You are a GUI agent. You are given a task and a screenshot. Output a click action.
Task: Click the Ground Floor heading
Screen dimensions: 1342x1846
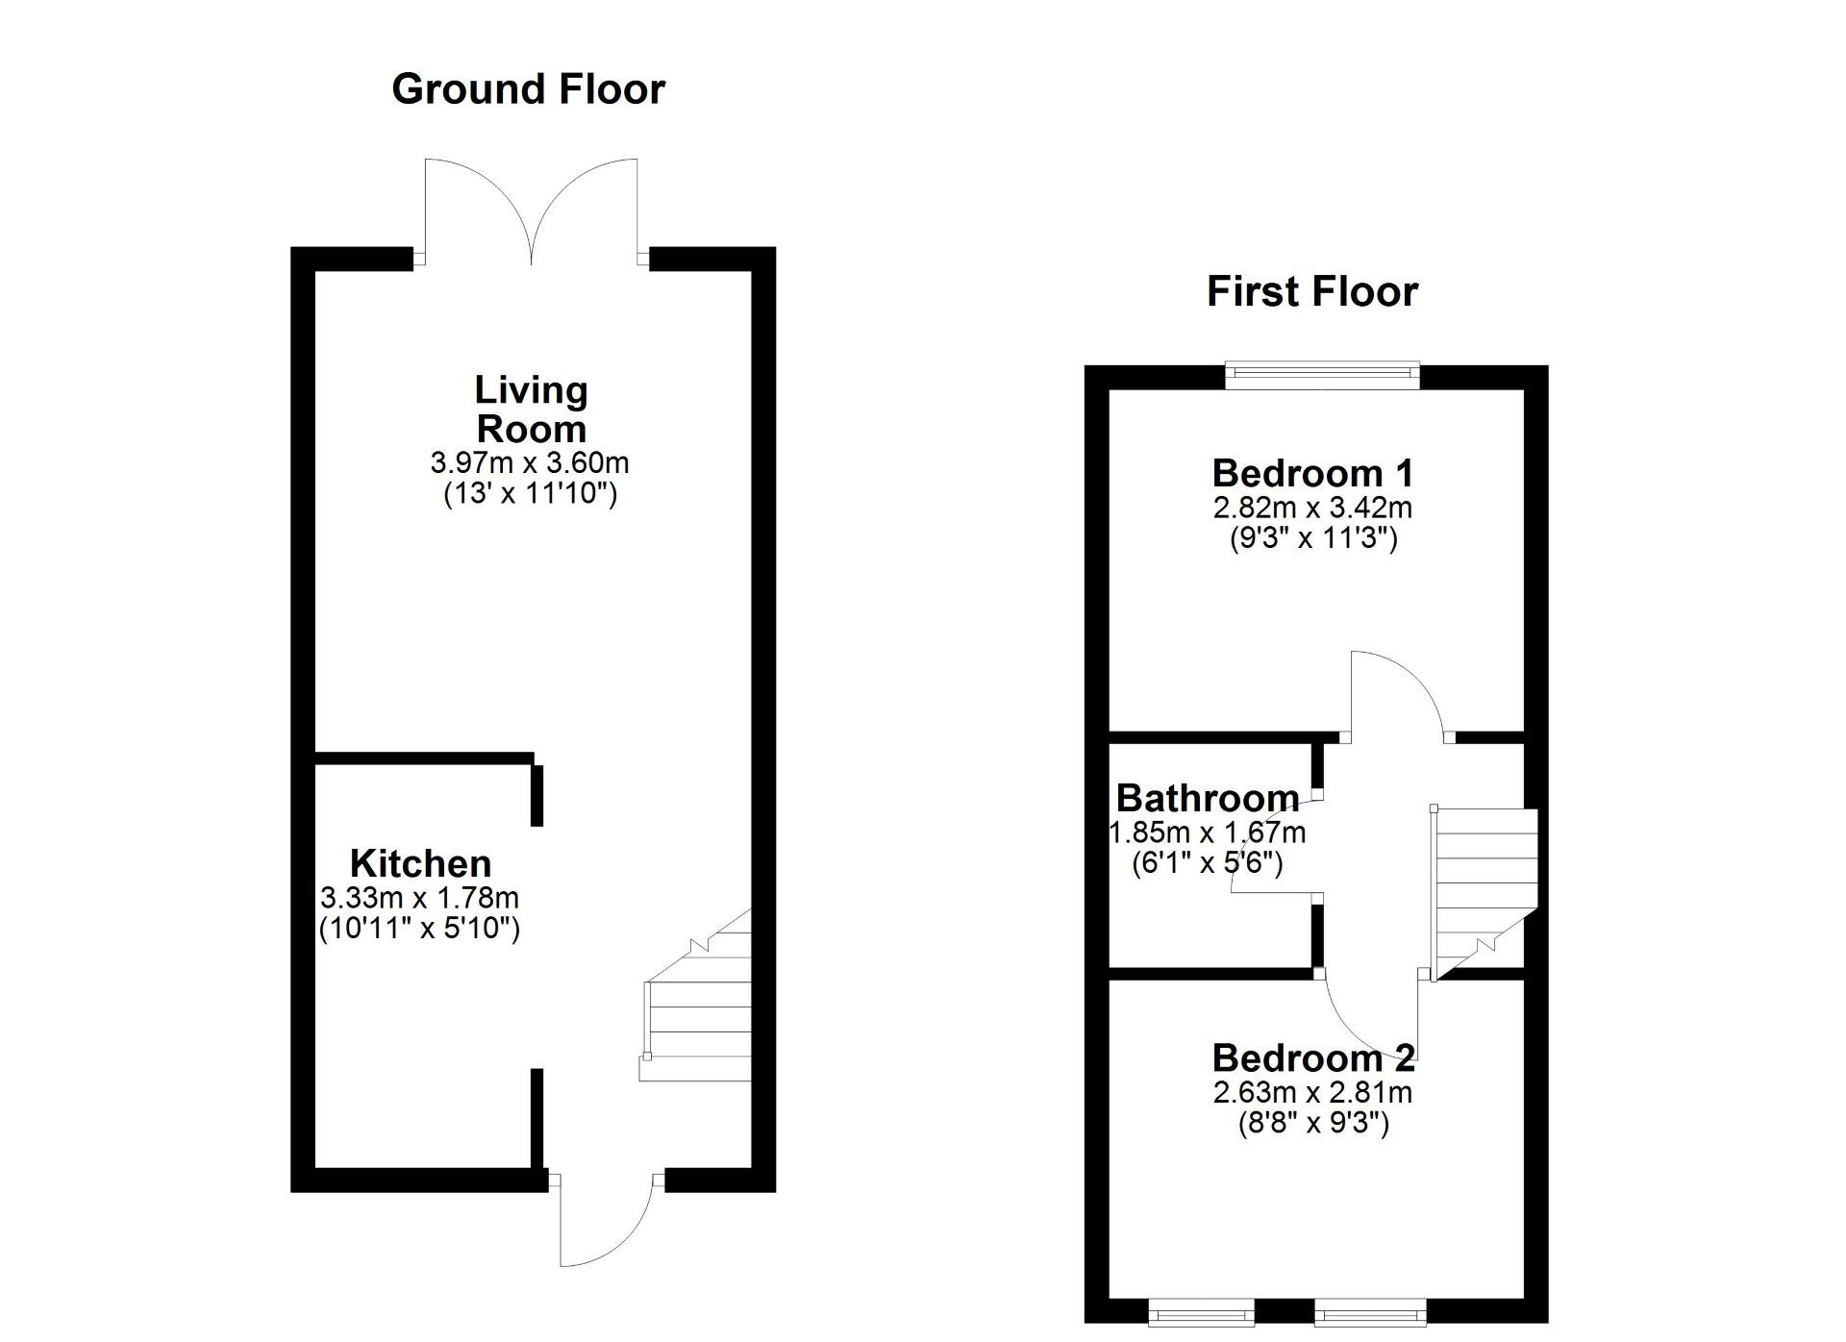(528, 89)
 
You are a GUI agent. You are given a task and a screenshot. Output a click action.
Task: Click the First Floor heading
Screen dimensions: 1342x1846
(1311, 291)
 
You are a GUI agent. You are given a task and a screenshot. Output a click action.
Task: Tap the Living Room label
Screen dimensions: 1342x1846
(531, 410)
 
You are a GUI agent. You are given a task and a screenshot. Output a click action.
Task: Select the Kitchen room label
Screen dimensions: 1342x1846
(420, 862)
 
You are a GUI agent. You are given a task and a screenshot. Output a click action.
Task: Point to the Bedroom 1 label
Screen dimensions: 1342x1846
(1312, 473)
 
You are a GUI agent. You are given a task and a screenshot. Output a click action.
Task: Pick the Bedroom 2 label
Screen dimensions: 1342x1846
(1312, 1057)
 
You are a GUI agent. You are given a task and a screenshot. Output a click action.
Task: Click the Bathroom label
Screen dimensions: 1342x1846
(1208, 798)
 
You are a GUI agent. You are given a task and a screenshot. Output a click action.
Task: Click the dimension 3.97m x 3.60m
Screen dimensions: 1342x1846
(530, 462)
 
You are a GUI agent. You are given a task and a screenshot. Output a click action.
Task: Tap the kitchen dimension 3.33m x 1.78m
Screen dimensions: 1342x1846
(419, 898)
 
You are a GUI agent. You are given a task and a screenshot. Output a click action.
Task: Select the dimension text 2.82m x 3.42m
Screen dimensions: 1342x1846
(1312, 507)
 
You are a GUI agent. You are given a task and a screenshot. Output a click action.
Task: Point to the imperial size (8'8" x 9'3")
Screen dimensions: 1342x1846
(1312, 1123)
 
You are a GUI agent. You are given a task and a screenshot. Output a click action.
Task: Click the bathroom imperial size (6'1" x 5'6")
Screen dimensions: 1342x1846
(1208, 862)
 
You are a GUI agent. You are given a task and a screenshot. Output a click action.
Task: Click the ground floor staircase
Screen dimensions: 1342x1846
(697, 1009)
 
